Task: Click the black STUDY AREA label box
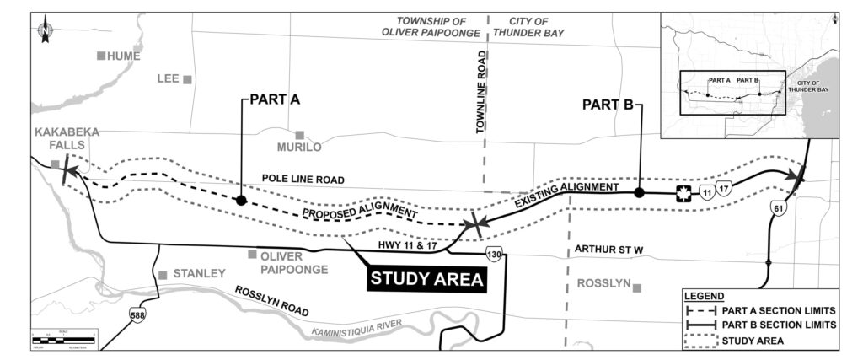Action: click(x=427, y=279)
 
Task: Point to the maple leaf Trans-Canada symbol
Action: click(x=683, y=194)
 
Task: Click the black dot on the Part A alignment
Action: click(x=241, y=201)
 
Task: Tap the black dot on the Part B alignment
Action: click(x=639, y=193)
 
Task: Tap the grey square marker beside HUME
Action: click(x=101, y=56)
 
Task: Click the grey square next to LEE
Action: click(x=188, y=79)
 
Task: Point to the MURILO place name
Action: click(x=299, y=148)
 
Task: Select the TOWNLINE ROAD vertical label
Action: click(x=482, y=93)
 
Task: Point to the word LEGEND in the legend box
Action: click(x=704, y=297)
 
